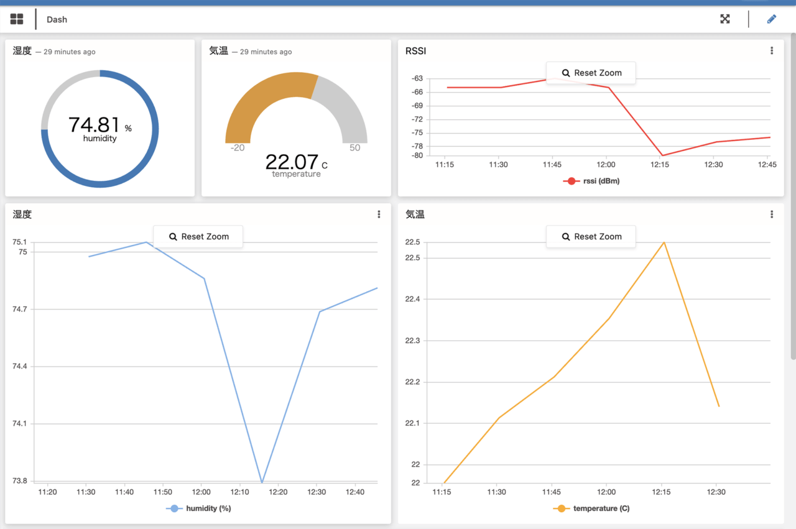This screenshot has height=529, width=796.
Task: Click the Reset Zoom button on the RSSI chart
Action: click(591, 73)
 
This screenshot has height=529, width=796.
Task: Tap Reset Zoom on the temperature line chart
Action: click(591, 237)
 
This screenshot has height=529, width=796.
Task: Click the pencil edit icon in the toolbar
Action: click(772, 19)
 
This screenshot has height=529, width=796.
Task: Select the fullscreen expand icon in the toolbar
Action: click(725, 19)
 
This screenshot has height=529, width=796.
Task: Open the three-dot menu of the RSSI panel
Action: click(772, 51)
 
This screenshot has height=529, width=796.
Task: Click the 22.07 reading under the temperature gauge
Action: click(292, 162)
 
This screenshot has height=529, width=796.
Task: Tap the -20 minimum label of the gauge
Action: click(237, 148)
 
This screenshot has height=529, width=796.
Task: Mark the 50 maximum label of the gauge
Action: click(354, 148)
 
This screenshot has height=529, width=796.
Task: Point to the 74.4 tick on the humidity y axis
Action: click(21, 367)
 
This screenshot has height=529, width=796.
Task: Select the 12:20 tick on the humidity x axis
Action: click(278, 492)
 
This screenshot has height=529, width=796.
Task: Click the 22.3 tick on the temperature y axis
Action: click(412, 341)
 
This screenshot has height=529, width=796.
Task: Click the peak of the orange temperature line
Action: click(664, 242)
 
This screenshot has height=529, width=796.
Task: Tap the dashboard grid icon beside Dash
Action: click(17, 19)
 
